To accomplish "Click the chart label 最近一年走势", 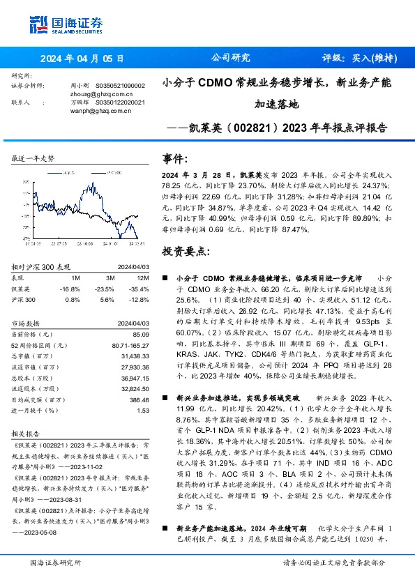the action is [33, 159].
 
